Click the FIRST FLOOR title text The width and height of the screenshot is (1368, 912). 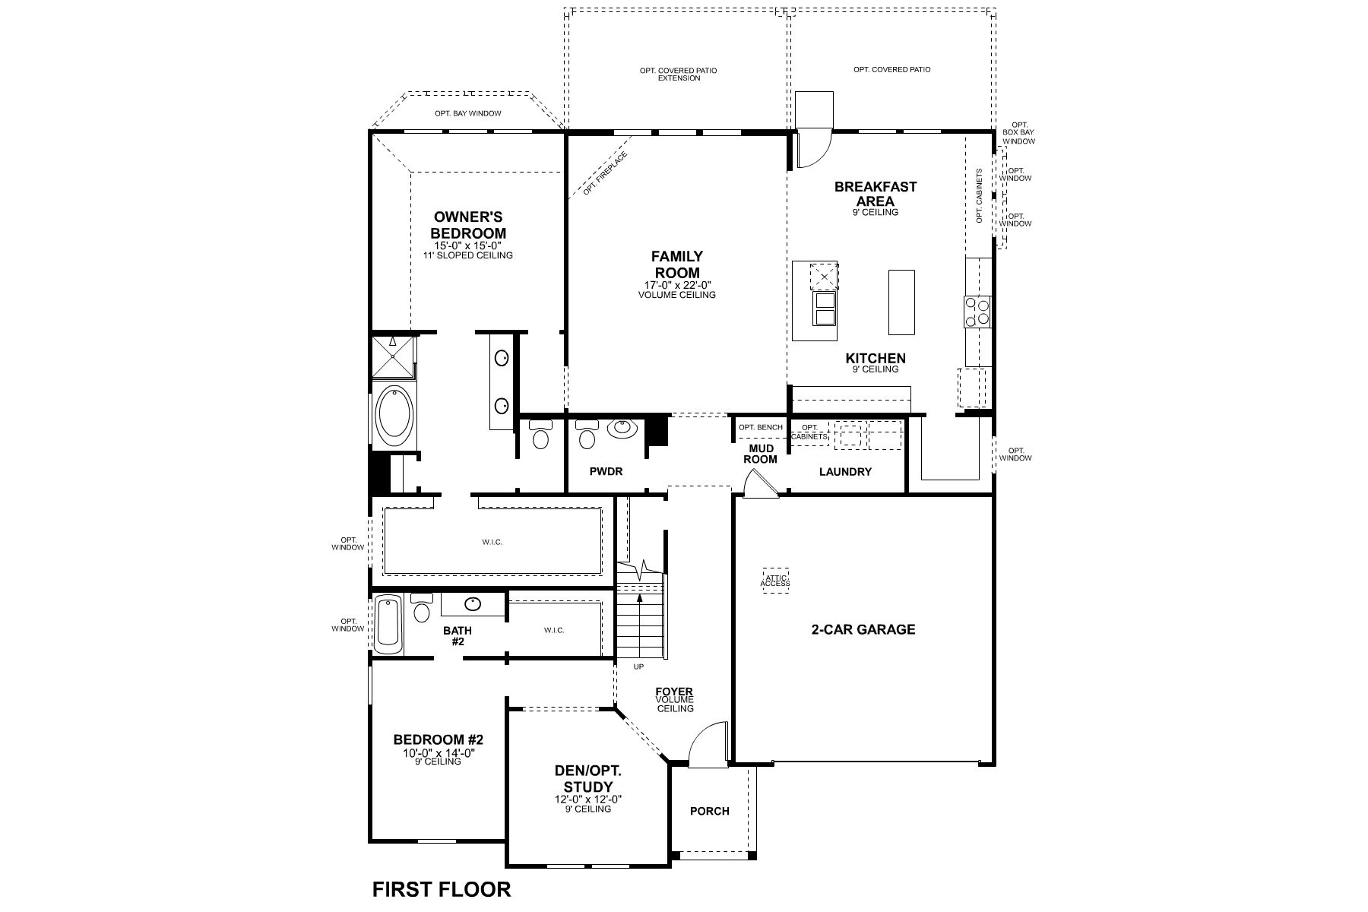click(x=441, y=888)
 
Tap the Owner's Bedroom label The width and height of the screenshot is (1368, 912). click(x=468, y=226)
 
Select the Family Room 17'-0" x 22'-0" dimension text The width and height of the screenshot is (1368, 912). click(x=677, y=286)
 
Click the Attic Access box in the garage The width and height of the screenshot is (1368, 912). click(x=775, y=580)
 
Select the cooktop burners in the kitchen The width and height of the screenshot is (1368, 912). click(x=977, y=312)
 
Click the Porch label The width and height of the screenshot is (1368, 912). click(x=709, y=811)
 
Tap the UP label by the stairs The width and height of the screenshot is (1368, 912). click(x=638, y=667)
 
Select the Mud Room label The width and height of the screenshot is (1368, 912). click(x=760, y=454)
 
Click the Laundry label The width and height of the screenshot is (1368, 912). click(x=845, y=472)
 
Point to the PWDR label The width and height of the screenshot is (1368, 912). click(x=606, y=472)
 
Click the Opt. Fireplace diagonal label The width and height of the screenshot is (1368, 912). click(x=605, y=175)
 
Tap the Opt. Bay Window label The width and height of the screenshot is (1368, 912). click(x=468, y=114)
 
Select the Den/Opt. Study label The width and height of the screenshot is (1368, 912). click(x=584, y=778)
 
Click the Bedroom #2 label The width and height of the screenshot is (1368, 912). click(x=439, y=739)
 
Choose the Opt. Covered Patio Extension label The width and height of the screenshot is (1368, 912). click(x=679, y=74)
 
